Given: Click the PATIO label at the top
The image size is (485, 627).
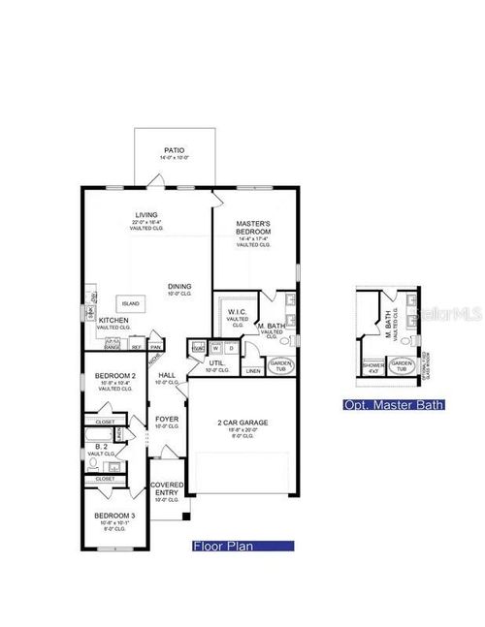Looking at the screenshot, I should (x=174, y=151).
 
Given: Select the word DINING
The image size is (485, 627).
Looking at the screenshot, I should (x=178, y=286).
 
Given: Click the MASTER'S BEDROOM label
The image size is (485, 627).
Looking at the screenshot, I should (x=254, y=229).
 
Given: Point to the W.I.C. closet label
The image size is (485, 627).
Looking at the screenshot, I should (x=237, y=312).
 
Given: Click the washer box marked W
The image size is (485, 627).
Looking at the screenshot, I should (x=215, y=348).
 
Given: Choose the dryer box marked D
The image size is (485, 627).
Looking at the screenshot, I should (x=230, y=348).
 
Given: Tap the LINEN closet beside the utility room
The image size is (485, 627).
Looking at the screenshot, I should (x=252, y=370).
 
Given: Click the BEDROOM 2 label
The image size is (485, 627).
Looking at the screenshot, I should (x=113, y=375).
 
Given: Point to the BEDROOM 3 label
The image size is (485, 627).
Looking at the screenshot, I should (x=113, y=516).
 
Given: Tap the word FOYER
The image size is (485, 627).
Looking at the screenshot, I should (x=166, y=420).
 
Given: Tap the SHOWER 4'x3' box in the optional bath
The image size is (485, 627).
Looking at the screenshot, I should (x=373, y=366).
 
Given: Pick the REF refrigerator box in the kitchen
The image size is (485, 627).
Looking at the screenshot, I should (x=137, y=346).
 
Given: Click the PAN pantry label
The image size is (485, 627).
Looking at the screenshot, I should (x=155, y=346).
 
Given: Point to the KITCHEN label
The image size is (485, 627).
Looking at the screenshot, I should (x=113, y=320).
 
